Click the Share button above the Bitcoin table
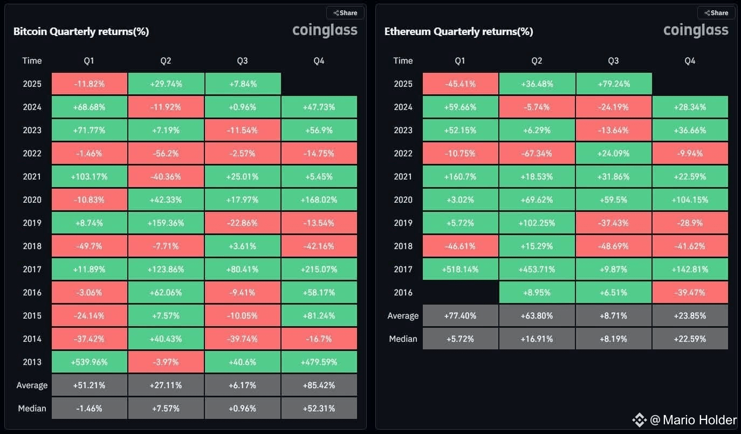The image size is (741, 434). [x=345, y=13]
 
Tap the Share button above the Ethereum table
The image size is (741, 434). [x=716, y=13]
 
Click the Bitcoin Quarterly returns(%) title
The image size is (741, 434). [x=81, y=31]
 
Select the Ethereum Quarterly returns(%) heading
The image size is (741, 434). [x=458, y=31]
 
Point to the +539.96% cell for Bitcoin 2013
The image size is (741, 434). [x=90, y=362]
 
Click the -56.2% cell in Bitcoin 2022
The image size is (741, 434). [x=166, y=154]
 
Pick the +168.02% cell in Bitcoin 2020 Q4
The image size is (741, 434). [x=319, y=200]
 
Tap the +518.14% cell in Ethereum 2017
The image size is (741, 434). [x=461, y=269]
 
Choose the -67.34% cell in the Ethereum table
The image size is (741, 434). [x=537, y=154]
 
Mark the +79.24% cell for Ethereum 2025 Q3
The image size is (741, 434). [x=614, y=84]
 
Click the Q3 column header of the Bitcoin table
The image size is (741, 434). [x=243, y=61]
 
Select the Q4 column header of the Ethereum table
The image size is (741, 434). [x=690, y=61]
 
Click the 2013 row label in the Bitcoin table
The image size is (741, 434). [x=32, y=362]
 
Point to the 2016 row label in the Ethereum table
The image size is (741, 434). [x=403, y=292]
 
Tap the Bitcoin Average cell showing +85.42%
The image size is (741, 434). [x=319, y=385]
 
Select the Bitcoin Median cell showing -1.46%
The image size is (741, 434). [x=90, y=408]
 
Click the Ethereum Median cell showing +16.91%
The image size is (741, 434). [x=537, y=339]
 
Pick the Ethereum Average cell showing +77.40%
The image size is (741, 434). [x=461, y=315]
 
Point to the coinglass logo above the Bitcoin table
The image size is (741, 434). [x=325, y=30]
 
